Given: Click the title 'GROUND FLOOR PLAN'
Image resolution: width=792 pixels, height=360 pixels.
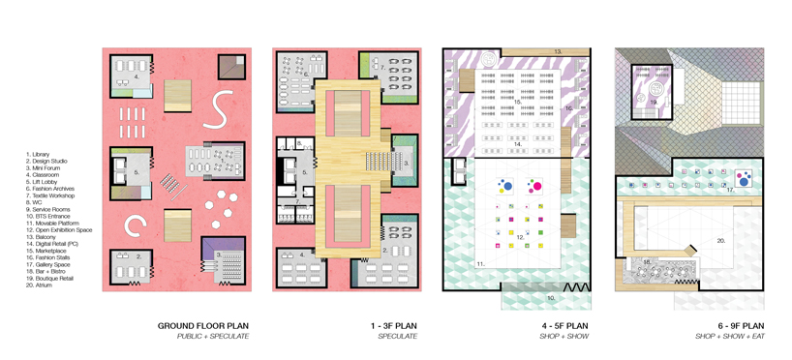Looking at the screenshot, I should tap(203, 325).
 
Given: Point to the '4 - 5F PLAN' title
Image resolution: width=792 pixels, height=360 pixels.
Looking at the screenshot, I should tap(564, 325).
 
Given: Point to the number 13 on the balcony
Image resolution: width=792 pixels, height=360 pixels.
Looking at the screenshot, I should tap(558, 49).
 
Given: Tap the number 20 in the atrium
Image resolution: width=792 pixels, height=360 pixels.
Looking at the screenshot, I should tap(721, 239).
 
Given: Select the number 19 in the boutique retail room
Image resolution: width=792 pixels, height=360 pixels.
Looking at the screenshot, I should tap(654, 101).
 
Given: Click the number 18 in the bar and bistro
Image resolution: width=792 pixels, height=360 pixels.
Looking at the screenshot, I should tap(645, 261).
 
